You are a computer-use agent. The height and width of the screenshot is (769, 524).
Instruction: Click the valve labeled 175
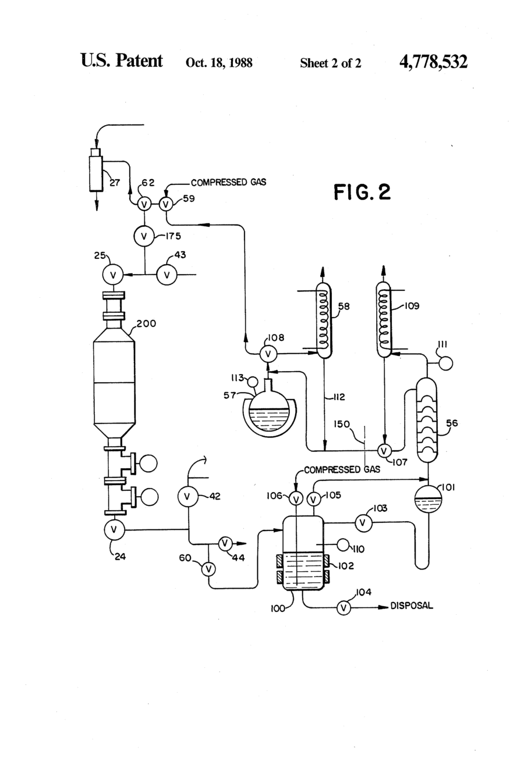pyautogui.click(x=144, y=236)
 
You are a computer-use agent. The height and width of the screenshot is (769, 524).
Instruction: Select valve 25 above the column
pyautogui.click(x=113, y=275)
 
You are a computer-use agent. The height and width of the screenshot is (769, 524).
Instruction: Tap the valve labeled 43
pyautogui.click(x=167, y=275)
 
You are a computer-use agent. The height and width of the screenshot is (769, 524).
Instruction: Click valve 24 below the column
pyautogui.click(x=115, y=530)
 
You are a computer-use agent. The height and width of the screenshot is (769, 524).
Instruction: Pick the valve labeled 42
pyautogui.click(x=187, y=496)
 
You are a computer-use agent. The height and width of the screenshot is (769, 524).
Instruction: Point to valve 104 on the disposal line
pyautogui.click(x=344, y=608)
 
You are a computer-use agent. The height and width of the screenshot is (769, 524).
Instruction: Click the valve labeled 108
pyautogui.click(x=268, y=354)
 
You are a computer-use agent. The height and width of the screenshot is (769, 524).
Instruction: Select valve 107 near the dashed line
pyautogui.click(x=384, y=450)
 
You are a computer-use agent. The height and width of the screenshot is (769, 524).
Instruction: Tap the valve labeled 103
pyautogui.click(x=363, y=523)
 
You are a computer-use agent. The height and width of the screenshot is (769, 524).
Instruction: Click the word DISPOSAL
pyautogui.click(x=412, y=606)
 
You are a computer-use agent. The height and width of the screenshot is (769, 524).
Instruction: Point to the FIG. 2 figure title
pyautogui.click(x=362, y=192)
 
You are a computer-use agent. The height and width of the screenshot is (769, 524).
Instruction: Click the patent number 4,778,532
pyautogui.click(x=433, y=62)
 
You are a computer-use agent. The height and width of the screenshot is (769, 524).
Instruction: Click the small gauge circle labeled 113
pyautogui.click(x=253, y=382)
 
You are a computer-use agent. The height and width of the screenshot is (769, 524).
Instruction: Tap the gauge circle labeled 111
pyautogui.click(x=447, y=364)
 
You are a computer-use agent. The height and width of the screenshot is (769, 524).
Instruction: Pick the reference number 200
pyautogui.click(x=146, y=323)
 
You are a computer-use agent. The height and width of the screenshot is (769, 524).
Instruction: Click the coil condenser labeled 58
pyautogui.click(x=324, y=320)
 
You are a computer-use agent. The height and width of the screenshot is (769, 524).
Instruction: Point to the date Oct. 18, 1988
pyautogui.click(x=219, y=62)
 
